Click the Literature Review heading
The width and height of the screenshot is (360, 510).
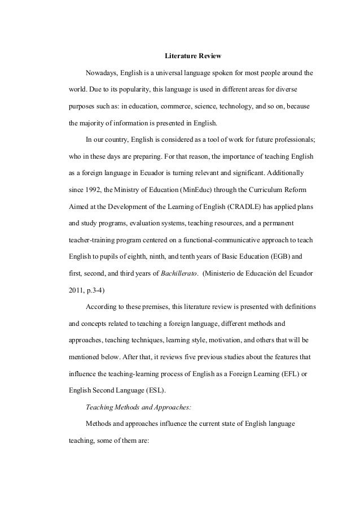tap(193, 57)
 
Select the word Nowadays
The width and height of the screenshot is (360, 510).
tap(101, 74)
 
